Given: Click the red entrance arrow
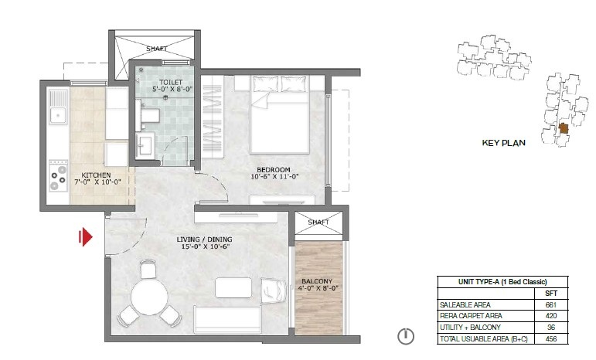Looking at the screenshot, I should (86, 236).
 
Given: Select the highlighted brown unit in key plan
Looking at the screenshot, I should (564, 128).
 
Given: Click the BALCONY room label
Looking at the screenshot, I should (317, 281).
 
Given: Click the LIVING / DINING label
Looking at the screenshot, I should (204, 239).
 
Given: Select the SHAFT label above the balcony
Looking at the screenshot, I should (318, 222).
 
